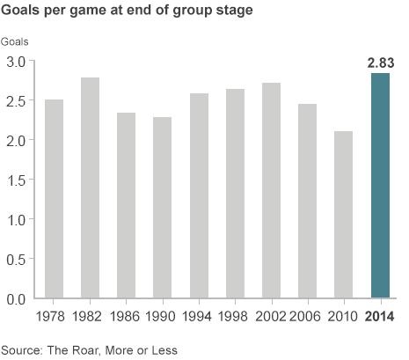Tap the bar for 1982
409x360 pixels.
point(90,188)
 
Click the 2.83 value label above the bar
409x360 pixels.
point(381,63)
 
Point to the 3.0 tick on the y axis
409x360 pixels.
point(16,62)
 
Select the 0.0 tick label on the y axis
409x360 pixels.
point(16,298)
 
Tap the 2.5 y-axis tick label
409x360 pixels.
point(16,101)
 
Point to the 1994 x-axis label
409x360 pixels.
point(199,317)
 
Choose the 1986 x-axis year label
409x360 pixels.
point(126,317)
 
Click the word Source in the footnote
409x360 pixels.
point(22,349)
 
